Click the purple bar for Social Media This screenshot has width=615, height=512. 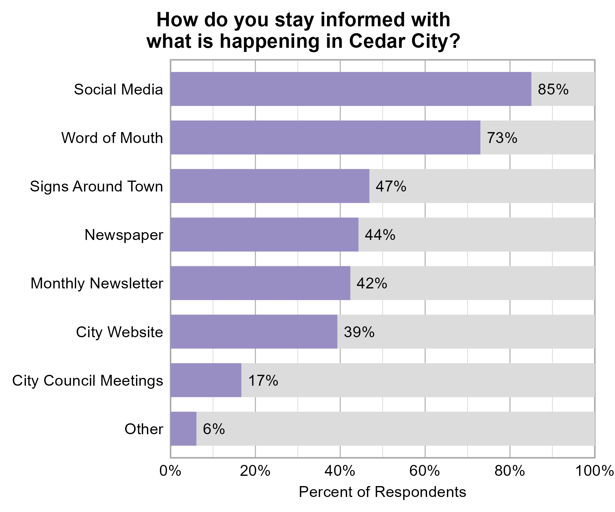click(x=351, y=89)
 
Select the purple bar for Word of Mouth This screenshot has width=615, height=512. click(x=325, y=137)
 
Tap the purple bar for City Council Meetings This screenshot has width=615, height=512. click(x=206, y=380)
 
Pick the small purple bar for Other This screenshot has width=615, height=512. click(x=183, y=428)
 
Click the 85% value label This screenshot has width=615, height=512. click(x=553, y=89)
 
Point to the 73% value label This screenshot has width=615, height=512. click(x=502, y=138)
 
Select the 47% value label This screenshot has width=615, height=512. click(x=391, y=186)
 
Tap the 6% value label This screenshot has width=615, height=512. click(x=214, y=429)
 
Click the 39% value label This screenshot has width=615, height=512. click(x=359, y=332)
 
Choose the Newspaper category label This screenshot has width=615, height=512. click(x=124, y=235)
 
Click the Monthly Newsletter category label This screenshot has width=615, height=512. click(x=97, y=284)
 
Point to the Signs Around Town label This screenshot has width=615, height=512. click(x=96, y=187)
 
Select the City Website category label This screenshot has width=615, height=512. click(x=119, y=332)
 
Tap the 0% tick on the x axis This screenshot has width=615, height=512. click(x=170, y=471)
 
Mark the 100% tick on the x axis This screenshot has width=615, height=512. click(x=594, y=471)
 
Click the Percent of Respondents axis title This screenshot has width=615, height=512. click(x=382, y=492)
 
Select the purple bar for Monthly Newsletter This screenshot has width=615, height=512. click(x=260, y=283)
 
